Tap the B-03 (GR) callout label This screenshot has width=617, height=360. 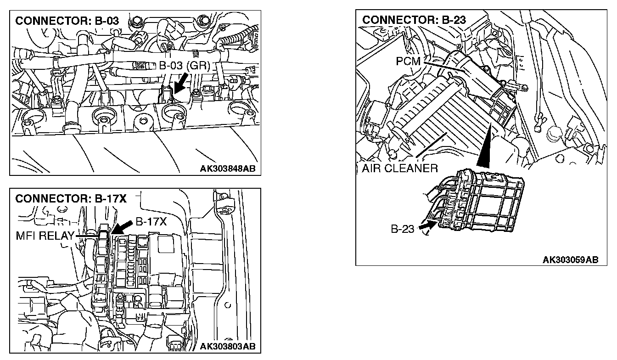pos(184,66)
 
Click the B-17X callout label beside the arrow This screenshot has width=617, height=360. pos(151,222)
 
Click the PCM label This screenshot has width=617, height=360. pos(409,61)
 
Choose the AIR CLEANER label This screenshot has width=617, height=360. pos(399,168)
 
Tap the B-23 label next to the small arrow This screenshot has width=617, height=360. pos(403,229)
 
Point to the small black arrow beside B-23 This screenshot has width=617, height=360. pos(427,225)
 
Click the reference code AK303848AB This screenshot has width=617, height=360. pos(227,169)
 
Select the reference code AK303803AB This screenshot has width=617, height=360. pos(227,346)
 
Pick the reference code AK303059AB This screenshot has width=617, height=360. pos(570,260)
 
